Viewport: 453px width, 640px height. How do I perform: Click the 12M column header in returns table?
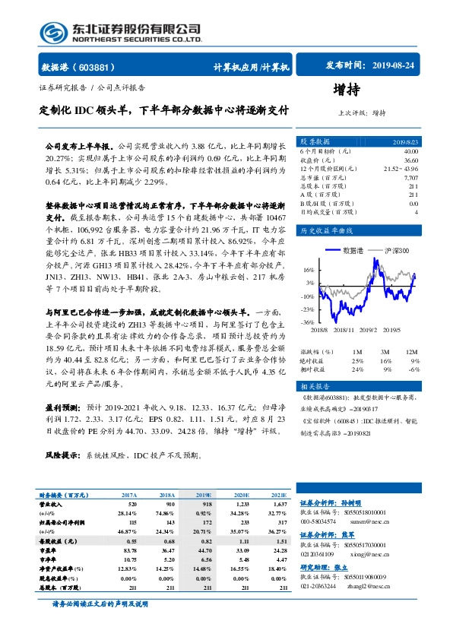click(412, 351)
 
